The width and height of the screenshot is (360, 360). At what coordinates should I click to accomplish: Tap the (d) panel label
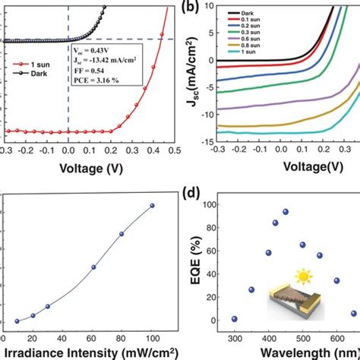[194, 197]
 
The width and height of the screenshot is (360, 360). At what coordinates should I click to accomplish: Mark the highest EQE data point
[286, 212]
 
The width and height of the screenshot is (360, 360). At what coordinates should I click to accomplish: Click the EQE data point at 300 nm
[234, 319]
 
